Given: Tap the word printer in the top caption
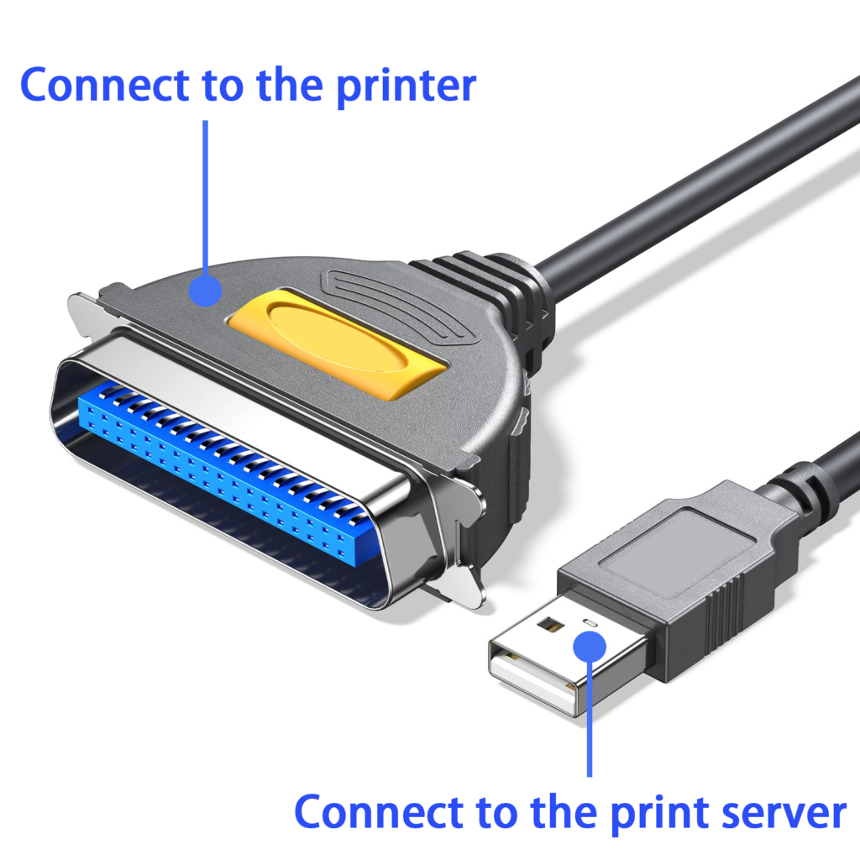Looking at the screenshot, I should click(x=406, y=87).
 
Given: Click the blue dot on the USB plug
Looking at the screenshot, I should click(x=590, y=648).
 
